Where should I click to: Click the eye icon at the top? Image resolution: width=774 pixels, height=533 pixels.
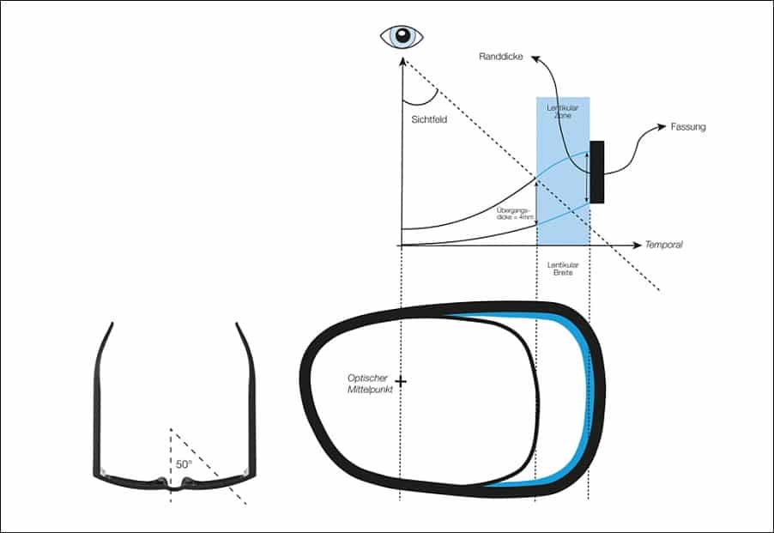(402, 36)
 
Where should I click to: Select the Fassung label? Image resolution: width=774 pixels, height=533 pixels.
(689, 127)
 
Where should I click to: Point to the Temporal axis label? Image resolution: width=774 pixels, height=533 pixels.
(663, 245)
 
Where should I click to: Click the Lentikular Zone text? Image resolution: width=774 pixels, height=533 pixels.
(563, 112)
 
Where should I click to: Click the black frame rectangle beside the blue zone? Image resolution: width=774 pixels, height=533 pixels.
(597, 172)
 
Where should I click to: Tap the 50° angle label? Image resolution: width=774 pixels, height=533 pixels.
(184, 463)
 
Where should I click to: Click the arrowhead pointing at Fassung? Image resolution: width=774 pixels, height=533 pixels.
(662, 127)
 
